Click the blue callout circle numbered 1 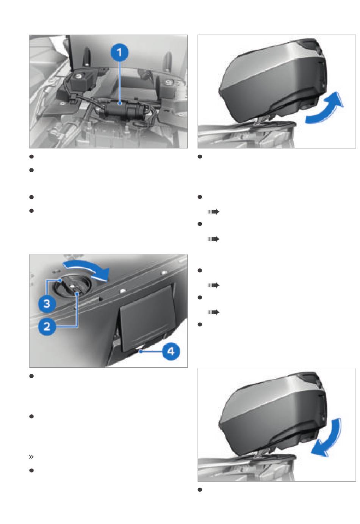(119, 52)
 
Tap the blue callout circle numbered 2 (47, 326)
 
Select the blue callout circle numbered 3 (47, 303)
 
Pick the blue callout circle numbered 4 (171, 351)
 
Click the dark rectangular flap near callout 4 (147, 318)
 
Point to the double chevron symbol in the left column (31, 457)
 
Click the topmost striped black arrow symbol (213, 212)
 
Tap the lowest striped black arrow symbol (213, 312)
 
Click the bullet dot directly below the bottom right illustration (200, 489)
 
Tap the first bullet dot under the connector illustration (31, 157)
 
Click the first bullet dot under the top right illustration (200, 157)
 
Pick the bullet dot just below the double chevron (31, 470)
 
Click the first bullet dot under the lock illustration (31, 376)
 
